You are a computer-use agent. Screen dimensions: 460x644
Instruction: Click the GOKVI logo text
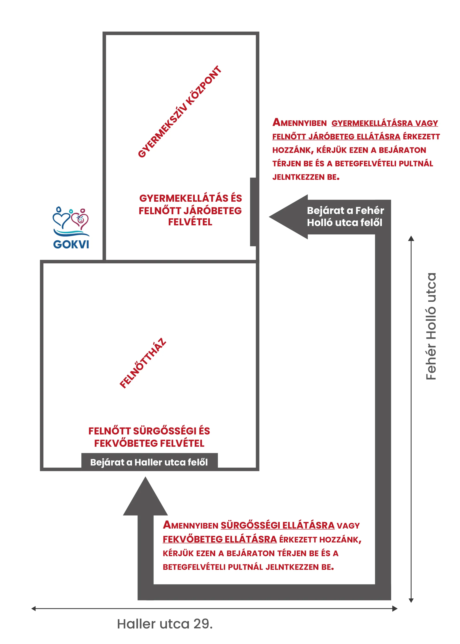pos(71,244)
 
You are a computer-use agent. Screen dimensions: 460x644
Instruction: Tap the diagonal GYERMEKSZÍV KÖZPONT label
pos(180,112)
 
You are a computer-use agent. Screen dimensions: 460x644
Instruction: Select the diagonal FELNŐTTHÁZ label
pos(143,363)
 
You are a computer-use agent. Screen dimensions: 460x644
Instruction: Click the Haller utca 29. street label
pos(165,624)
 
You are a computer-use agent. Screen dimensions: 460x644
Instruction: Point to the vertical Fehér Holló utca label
pos(431,326)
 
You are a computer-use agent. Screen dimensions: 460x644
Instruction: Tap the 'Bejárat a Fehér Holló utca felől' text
pos(345,216)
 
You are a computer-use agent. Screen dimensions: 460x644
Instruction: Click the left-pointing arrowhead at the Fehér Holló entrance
pos(288,217)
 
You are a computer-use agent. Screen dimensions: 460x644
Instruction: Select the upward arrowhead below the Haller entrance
pos(145,496)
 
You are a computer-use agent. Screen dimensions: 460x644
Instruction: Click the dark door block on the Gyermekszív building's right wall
pos(253,212)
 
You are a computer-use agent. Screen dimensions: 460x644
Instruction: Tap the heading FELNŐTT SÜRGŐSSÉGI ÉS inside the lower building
pos(149,431)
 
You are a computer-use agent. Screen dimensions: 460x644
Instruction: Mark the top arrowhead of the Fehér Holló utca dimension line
pos(411,239)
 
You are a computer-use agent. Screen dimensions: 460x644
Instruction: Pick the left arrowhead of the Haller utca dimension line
pos(34,608)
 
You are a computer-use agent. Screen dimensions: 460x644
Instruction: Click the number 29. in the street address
pos(203,624)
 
